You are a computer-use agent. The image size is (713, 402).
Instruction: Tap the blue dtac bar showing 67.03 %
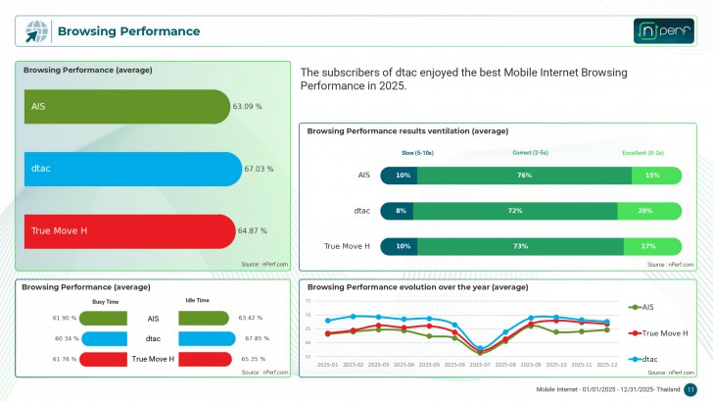coord(131,169)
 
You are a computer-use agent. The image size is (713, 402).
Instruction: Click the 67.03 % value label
coord(259,169)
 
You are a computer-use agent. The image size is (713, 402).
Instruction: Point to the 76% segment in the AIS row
coord(524,175)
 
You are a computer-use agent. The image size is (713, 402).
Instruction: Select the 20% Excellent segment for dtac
coord(644,211)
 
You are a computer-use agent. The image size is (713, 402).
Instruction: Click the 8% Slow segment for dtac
coord(401,211)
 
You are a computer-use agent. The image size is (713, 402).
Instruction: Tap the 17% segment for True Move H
coord(647,246)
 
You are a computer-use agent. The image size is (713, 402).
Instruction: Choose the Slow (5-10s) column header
coord(417,153)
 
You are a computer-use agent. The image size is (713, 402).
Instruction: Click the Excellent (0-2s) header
coord(643,153)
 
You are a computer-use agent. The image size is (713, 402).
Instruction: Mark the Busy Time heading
coord(105,302)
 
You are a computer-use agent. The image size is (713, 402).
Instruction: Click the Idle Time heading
coord(198,301)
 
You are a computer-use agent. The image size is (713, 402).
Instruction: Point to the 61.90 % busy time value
coord(65,319)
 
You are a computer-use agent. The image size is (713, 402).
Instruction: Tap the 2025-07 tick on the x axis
coord(481,365)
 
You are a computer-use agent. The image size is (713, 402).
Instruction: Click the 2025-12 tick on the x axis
coord(608,365)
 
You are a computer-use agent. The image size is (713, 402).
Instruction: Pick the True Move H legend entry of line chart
coord(663,333)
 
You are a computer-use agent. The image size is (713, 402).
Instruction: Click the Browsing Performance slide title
coord(128,31)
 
